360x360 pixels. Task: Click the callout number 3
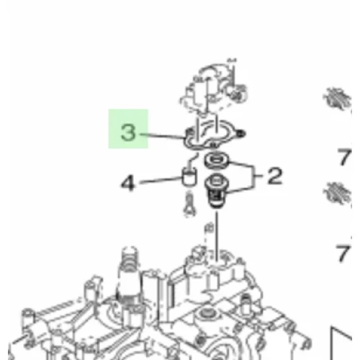pos(128,132)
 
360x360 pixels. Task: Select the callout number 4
pos(127,183)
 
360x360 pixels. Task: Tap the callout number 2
pos(275,176)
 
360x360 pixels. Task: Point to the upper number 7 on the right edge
pos(344,157)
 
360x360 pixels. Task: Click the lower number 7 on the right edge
pos(343,253)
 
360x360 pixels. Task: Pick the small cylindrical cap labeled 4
pos(189,177)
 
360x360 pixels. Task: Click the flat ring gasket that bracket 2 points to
pos(217,161)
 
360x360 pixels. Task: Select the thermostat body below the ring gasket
pos(217,191)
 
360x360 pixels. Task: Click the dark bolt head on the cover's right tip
pos(241,133)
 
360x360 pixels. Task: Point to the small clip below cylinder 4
pos(189,204)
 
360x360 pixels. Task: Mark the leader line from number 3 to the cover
pos(162,136)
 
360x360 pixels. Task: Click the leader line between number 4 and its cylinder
pos(161,181)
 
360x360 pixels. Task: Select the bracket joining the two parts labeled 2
pos(253,176)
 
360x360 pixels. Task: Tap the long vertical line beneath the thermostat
pos(217,236)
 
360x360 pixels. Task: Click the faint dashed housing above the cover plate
pos(214,88)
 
